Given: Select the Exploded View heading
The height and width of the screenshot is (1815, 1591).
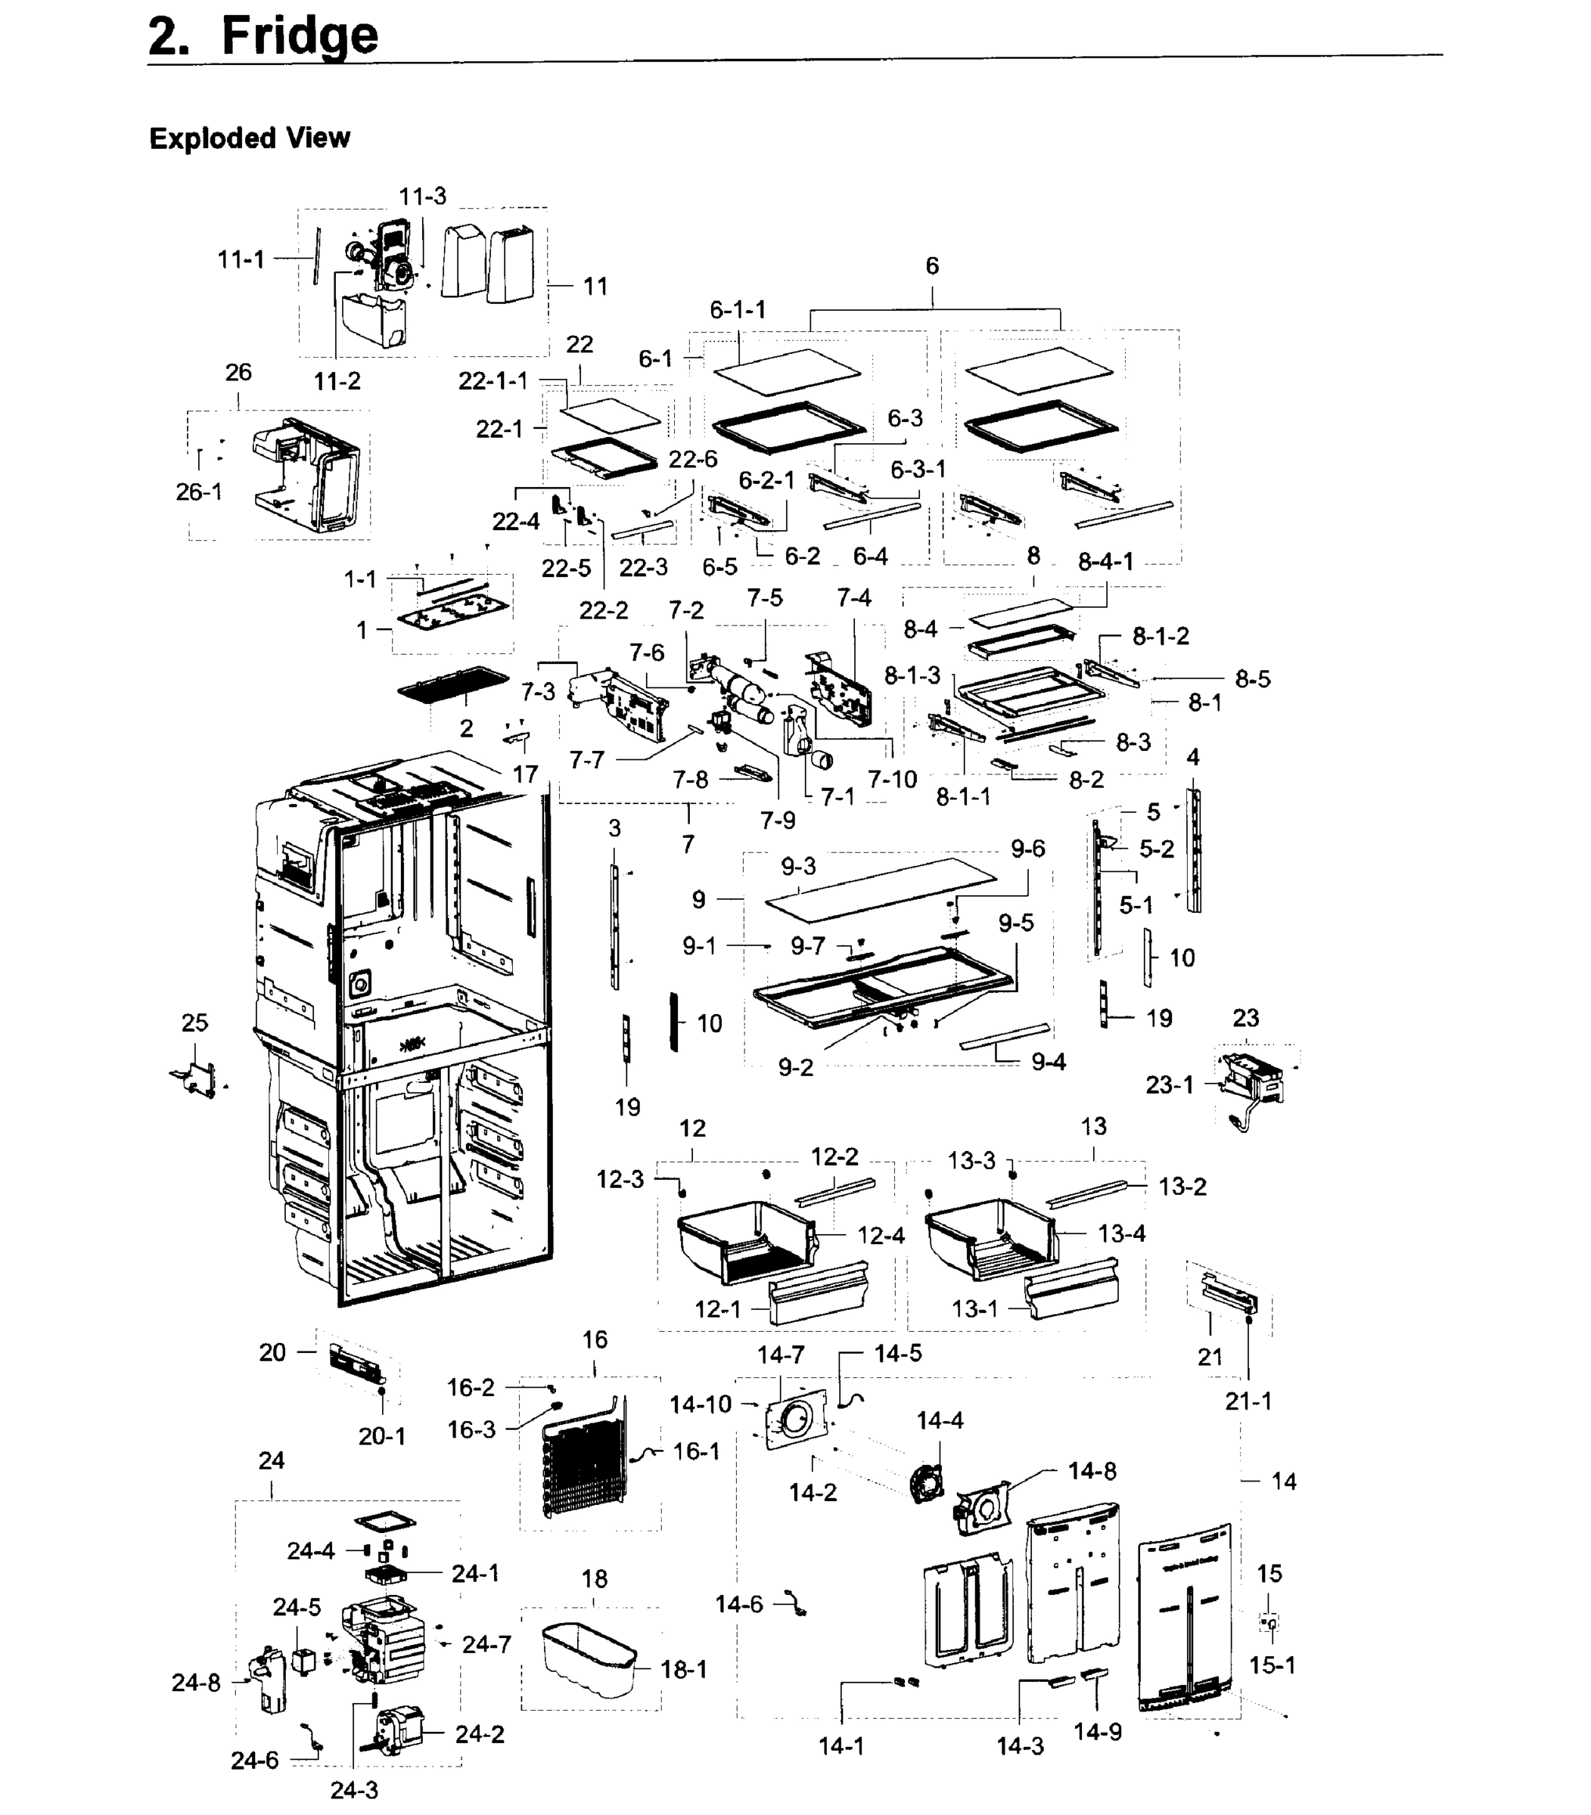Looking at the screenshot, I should (x=250, y=138).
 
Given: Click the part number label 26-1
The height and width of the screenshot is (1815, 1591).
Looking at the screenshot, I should (x=199, y=492).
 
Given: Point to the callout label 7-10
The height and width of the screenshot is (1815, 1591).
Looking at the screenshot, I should (x=891, y=779).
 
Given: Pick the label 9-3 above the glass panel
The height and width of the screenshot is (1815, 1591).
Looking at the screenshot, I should (x=798, y=865).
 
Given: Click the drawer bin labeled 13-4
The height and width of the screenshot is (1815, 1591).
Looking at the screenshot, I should (x=990, y=1237).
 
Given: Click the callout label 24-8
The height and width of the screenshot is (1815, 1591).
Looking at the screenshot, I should (x=195, y=1682).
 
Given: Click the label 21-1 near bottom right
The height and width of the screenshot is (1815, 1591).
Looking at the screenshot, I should (x=1248, y=1401).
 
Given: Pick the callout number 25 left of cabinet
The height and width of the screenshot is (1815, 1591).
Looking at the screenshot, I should (x=194, y=1022).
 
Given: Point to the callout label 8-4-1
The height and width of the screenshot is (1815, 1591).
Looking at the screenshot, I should (x=1105, y=561).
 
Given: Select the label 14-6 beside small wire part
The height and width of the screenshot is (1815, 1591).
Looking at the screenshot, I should (x=738, y=1604).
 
